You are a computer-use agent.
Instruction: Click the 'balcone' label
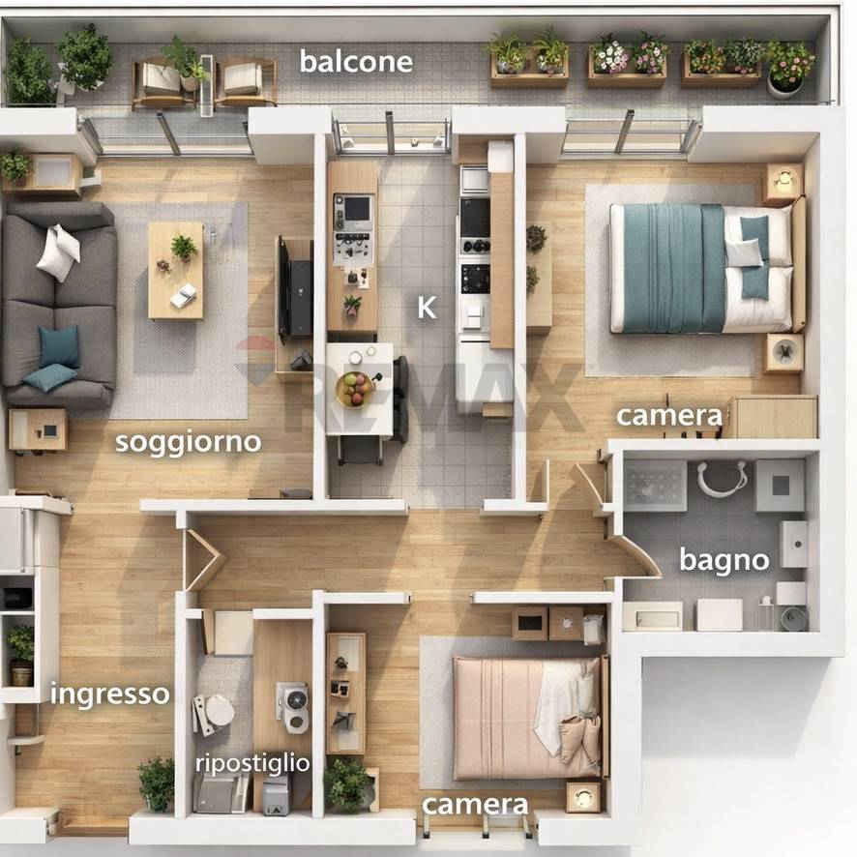tap(356, 62)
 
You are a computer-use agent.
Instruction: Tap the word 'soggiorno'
tap(188, 442)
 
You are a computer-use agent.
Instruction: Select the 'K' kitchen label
tap(427, 308)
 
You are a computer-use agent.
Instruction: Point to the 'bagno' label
tap(724, 560)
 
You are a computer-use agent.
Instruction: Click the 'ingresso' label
tap(109, 694)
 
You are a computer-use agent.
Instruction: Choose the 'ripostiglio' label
tap(252, 763)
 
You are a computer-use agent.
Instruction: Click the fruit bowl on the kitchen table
tap(356, 389)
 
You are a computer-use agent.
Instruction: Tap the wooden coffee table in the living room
tap(175, 270)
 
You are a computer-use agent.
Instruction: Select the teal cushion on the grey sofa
tap(58, 346)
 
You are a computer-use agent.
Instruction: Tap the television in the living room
tap(283, 289)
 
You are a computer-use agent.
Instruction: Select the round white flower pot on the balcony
tap(784, 86)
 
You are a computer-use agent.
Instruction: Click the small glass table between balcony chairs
tap(207, 85)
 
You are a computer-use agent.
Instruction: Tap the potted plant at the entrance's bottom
tap(157, 783)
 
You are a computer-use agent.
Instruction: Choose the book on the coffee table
tap(184, 296)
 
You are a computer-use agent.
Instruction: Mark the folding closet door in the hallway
tap(204, 560)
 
